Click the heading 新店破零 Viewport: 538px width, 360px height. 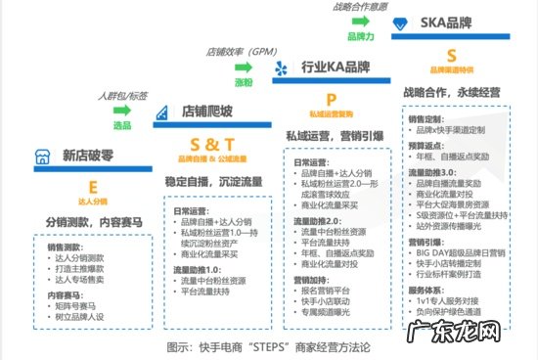pos(91,155)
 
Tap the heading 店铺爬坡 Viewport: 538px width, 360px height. pos(207,112)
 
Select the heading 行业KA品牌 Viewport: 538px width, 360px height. pos(335,67)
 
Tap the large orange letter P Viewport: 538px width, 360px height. pos(331,99)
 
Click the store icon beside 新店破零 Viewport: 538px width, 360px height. pos(39,156)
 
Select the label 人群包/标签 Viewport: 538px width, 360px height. pos(122,96)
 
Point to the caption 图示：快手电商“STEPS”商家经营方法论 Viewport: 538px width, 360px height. pos(268,346)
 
